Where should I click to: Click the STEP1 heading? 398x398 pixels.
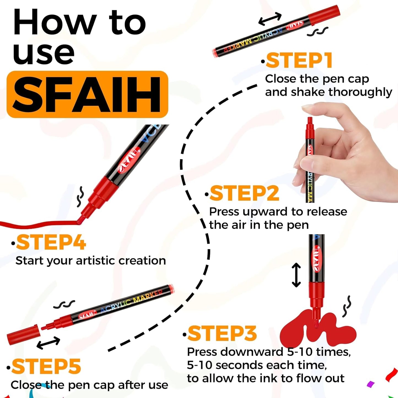click(299, 61)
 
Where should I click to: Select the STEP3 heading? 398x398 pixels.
click(222, 333)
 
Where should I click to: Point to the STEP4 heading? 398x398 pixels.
click(51, 243)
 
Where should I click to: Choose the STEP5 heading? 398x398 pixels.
click(46, 367)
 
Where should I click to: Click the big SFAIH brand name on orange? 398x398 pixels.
click(87, 94)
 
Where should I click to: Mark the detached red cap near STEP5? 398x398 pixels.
click(23, 334)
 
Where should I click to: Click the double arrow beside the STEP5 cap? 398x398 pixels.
click(48, 343)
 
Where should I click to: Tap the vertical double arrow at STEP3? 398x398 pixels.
click(296, 275)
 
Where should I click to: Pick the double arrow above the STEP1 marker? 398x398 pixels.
click(270, 19)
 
